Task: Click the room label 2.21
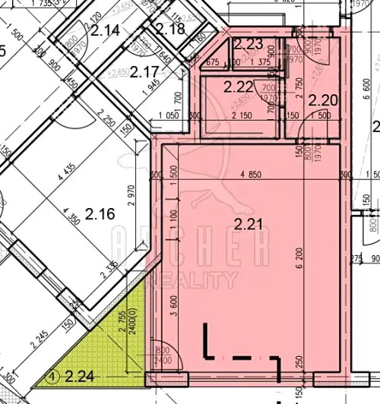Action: click(249, 224)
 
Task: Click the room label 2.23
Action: click(249, 45)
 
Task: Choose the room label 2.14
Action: click(106, 31)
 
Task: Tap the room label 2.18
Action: click(170, 29)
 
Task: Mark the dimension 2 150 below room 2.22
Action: click(240, 115)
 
